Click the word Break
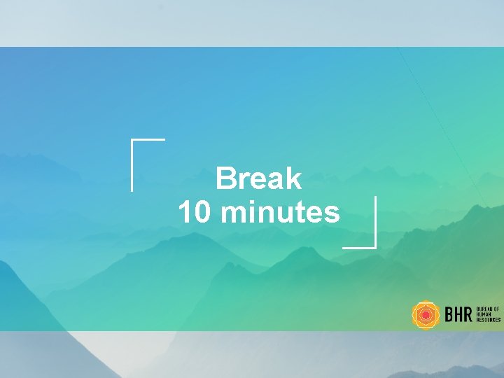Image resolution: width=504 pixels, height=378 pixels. coord(259,179)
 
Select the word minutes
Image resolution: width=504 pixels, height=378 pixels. coord(279,212)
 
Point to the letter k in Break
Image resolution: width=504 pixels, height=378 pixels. coord(293,179)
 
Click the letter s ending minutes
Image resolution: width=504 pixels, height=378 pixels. coord(332,213)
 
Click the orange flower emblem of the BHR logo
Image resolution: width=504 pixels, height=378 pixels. coord(425,315)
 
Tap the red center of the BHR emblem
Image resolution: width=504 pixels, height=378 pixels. coord(425,316)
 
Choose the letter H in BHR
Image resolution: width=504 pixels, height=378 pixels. coord(458,315)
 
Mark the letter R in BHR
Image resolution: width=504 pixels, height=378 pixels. coord(468,315)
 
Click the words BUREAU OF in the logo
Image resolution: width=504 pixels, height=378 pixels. coord(488,309)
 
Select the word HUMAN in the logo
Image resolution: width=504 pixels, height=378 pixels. coord(484,314)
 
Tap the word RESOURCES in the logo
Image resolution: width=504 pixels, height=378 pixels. coord(488,320)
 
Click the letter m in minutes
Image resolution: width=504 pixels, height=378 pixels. coord(232,213)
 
